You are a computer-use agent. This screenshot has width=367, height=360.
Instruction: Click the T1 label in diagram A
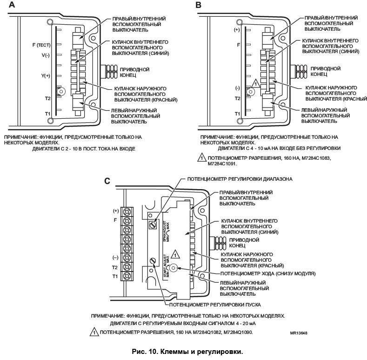(x=47, y=113)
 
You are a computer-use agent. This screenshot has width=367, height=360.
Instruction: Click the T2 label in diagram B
(x=237, y=99)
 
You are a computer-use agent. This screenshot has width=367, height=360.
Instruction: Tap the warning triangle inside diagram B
(x=255, y=84)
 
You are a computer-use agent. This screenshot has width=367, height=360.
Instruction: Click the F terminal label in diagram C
(x=115, y=220)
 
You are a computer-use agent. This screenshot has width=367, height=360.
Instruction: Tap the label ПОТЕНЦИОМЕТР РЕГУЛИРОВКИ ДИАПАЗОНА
(x=240, y=179)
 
